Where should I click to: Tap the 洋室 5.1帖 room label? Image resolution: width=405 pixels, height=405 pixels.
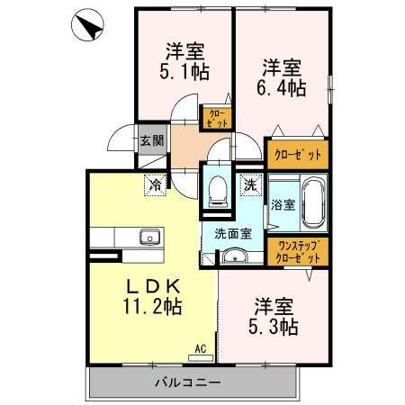[184, 61]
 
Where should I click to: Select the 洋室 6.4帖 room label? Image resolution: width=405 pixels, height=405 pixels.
[281, 77]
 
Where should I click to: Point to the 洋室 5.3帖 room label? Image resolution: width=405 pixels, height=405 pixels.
[274, 316]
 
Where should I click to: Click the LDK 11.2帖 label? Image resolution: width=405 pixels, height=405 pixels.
[153, 296]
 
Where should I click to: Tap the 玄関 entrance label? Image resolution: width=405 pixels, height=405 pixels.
[152, 140]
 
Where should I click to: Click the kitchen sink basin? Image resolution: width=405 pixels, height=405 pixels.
[150, 238]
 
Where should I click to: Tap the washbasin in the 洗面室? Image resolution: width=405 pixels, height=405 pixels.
[234, 256]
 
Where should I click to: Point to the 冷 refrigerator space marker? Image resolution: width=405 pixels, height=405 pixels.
[156, 184]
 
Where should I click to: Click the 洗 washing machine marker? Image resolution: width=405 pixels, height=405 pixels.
[250, 184]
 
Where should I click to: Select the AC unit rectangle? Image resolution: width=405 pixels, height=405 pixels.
[201, 358]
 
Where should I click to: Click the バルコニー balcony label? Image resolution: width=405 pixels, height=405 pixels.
[188, 382]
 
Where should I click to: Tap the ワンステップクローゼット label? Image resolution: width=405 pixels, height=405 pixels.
[298, 252]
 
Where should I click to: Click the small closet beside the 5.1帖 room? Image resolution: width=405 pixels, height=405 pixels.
[216, 118]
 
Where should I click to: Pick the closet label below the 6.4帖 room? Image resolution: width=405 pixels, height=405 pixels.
[298, 155]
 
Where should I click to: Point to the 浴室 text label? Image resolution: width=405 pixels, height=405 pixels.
[283, 204]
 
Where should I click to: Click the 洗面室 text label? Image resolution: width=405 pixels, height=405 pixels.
[233, 233]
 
